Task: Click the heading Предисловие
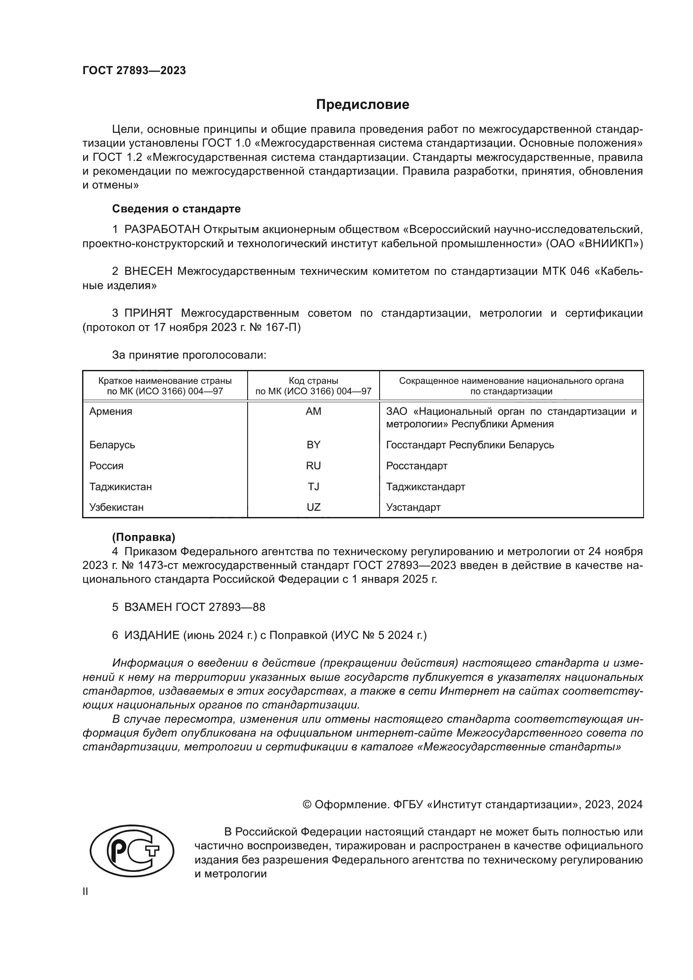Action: tap(362, 105)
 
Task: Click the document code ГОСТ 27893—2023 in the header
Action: tap(134, 70)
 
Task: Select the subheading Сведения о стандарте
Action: tap(176, 209)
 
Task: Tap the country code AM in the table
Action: tap(313, 411)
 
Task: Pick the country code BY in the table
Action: tap(313, 445)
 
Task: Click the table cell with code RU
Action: tap(313, 465)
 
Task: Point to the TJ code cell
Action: tap(313, 486)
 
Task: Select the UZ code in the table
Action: tap(313, 507)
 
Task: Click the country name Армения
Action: tap(111, 411)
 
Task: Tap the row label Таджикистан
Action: tap(120, 486)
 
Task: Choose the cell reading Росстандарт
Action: tap(416, 465)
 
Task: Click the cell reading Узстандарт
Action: tap(413, 507)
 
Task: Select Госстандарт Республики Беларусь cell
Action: tap(470, 445)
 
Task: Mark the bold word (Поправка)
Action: tap(143, 538)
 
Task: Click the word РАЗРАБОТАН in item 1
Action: tap(162, 230)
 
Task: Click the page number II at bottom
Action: tap(85, 892)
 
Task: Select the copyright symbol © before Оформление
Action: tap(307, 804)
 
